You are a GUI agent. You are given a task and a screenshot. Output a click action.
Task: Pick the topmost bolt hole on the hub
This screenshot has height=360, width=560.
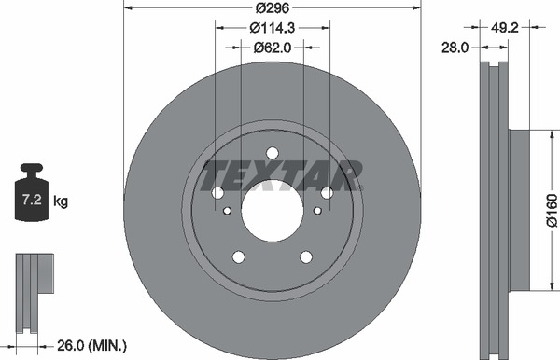(x=272, y=153)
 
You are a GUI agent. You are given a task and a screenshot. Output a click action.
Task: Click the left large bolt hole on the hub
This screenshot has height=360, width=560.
(x=217, y=193)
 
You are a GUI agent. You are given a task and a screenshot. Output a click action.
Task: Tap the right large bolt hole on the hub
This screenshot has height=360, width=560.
(x=327, y=193)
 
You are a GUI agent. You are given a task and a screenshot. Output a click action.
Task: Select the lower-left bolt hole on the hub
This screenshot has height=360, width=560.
(x=238, y=256)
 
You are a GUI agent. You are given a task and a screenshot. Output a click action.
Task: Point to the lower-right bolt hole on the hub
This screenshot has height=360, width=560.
(x=305, y=256)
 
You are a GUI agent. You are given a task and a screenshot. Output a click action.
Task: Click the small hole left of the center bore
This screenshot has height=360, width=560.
(x=226, y=211)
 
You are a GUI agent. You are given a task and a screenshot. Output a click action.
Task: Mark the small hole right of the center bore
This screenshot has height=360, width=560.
(x=317, y=211)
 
